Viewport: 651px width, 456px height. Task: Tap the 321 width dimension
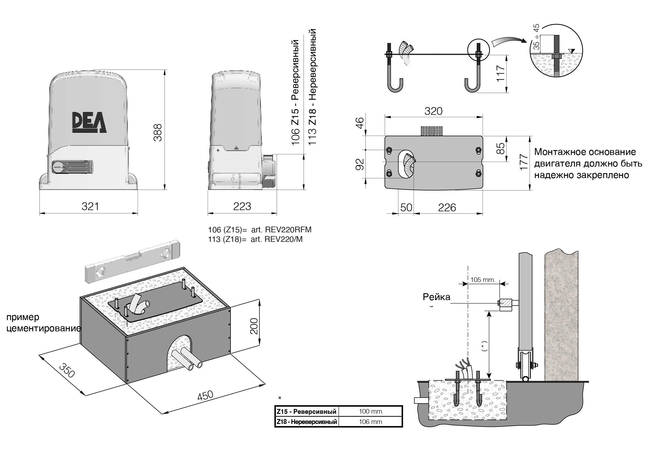pyautogui.click(x=90, y=207)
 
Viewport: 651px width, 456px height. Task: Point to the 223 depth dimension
pyautogui.click(x=242, y=207)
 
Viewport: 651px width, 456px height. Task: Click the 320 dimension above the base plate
pyautogui.click(x=433, y=111)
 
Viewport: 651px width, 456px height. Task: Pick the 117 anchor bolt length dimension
pyautogui.click(x=501, y=74)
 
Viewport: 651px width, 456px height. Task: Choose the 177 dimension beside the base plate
pyautogui.click(x=524, y=162)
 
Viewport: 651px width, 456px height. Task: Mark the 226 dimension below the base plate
pyautogui.click(x=447, y=208)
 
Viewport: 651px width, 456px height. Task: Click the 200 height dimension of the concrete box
pyautogui.click(x=254, y=326)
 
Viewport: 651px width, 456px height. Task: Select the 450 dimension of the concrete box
pyautogui.click(x=205, y=395)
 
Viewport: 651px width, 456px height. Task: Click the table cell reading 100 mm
pyautogui.click(x=370, y=412)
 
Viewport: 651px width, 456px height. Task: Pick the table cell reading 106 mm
pyautogui.click(x=370, y=422)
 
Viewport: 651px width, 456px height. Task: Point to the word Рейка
pyautogui.click(x=436, y=297)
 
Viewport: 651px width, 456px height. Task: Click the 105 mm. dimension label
pyautogui.click(x=483, y=280)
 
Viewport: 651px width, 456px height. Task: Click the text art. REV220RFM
pyautogui.click(x=281, y=230)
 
